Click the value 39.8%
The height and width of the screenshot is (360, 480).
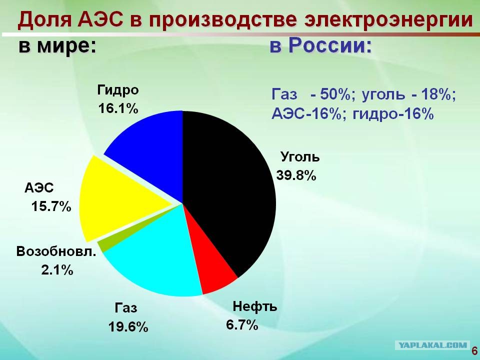[x=296, y=175]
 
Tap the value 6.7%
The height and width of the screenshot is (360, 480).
[x=242, y=324]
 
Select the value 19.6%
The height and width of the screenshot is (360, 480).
[x=128, y=327]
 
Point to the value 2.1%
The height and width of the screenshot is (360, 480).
[x=57, y=270]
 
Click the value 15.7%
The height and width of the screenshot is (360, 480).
[x=51, y=206]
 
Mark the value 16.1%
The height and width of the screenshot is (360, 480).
[x=118, y=108]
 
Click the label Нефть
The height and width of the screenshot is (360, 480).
[x=254, y=306]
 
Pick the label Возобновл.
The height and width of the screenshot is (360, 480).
[x=56, y=251]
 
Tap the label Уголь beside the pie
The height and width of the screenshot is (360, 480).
[x=300, y=156]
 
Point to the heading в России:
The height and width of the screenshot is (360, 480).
[x=321, y=46]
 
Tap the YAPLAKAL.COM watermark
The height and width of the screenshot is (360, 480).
[x=433, y=345]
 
